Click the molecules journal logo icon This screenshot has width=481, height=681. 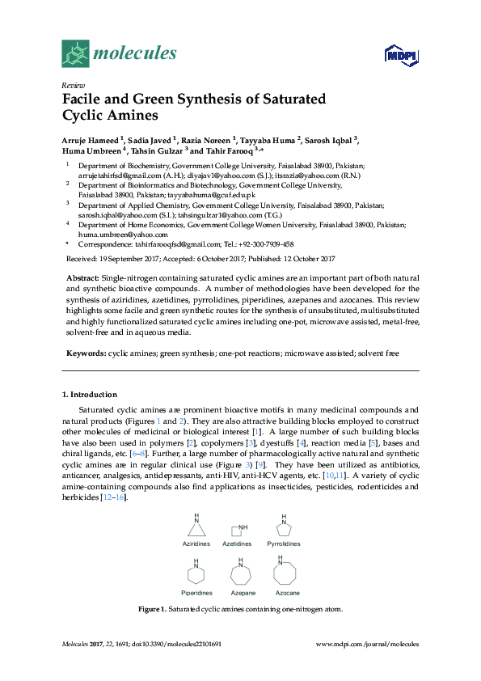(x=75, y=54)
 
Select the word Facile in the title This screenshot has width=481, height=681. (x=85, y=99)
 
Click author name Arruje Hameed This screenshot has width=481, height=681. (x=91, y=139)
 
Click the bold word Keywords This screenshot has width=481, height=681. (x=86, y=353)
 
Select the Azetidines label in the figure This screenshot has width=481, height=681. (x=238, y=544)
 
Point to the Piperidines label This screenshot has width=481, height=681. (x=196, y=593)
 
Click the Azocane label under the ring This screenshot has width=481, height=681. (x=287, y=593)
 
